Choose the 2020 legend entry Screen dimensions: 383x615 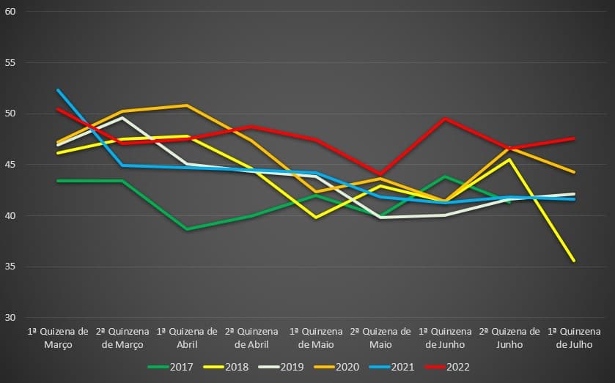click(348, 366)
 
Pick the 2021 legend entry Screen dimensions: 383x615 click(403, 366)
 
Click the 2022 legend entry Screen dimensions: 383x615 click(457, 366)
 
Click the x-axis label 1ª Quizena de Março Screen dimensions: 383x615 click(58, 338)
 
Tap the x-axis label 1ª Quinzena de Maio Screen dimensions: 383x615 click(317, 338)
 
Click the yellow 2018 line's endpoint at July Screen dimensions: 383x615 click(574, 261)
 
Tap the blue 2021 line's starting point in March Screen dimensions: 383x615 click(58, 90)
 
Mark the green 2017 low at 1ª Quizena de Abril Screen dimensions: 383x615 click(187, 229)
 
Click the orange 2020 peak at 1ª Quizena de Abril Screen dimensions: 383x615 click(187, 105)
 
